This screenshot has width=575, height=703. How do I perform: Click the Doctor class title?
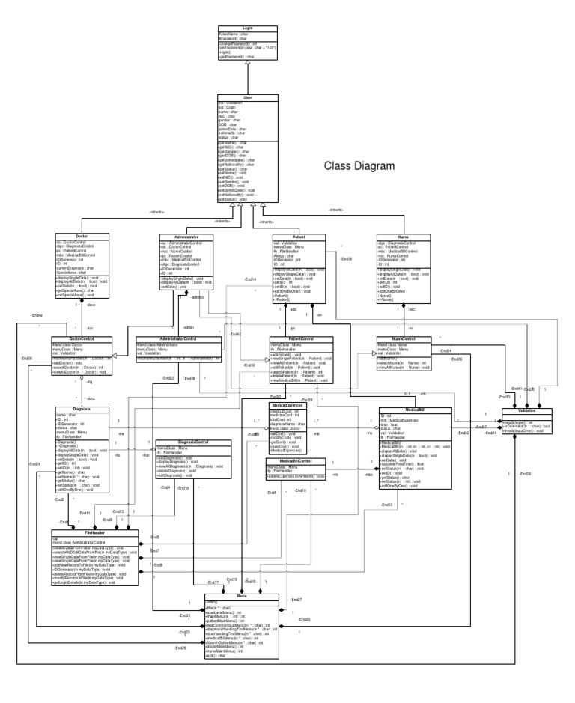click(82, 237)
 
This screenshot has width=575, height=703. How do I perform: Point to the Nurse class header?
click(402, 237)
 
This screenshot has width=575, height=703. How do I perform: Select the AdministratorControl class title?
click(178, 338)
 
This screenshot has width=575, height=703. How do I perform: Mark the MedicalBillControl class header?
click(295, 460)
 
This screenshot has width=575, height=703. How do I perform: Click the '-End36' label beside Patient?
click(346, 259)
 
